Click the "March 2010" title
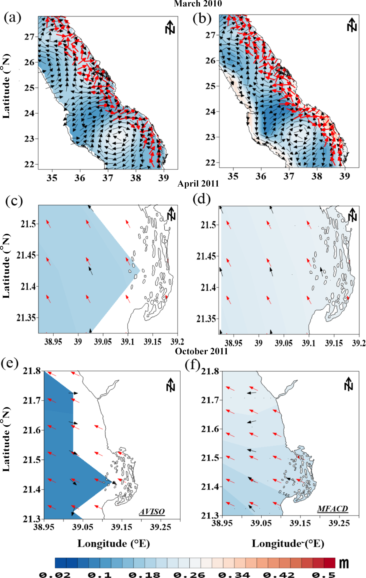(198, 4)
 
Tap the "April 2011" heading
(198, 184)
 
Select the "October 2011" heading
(201, 351)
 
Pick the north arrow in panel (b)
(352, 25)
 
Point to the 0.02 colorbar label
(54, 575)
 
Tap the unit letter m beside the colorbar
(344, 563)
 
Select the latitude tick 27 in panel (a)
(29, 37)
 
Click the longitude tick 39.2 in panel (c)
(177, 342)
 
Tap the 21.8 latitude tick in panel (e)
(32, 371)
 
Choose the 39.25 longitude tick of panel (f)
(339, 523)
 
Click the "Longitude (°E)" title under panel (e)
(113, 544)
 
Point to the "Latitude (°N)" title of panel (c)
(6, 266)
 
